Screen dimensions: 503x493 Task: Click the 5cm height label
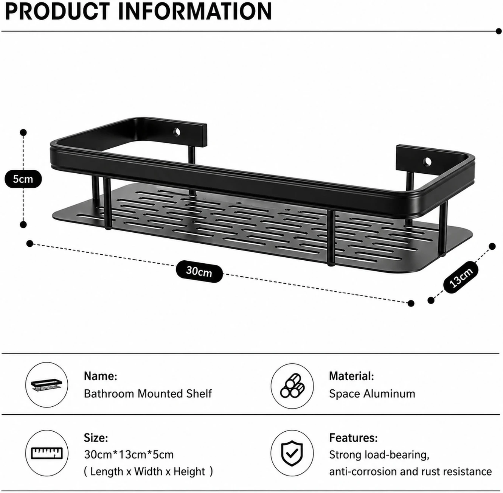click(x=23, y=179)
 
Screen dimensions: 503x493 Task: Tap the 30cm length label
click(x=199, y=271)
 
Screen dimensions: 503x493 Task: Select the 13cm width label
click(x=461, y=277)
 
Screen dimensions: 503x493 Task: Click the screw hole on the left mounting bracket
click(x=177, y=132)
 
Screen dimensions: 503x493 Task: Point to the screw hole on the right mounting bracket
click(x=427, y=162)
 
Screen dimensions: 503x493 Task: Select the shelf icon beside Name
click(x=47, y=385)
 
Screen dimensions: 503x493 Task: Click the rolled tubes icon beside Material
click(x=292, y=386)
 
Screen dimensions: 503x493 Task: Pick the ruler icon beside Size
click(x=47, y=453)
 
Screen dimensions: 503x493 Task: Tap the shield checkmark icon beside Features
click(x=292, y=453)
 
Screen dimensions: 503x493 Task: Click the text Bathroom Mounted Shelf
click(x=148, y=394)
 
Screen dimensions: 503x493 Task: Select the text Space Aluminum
click(x=372, y=394)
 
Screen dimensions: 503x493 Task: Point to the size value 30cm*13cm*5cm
click(x=129, y=454)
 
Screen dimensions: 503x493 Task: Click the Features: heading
click(x=354, y=438)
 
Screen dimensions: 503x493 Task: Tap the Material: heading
click(x=352, y=376)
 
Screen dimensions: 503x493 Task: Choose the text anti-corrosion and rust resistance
click(x=410, y=471)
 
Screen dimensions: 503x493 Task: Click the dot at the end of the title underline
click(x=498, y=31)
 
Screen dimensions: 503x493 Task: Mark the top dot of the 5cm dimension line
click(x=23, y=132)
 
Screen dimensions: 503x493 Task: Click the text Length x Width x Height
click(x=148, y=471)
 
